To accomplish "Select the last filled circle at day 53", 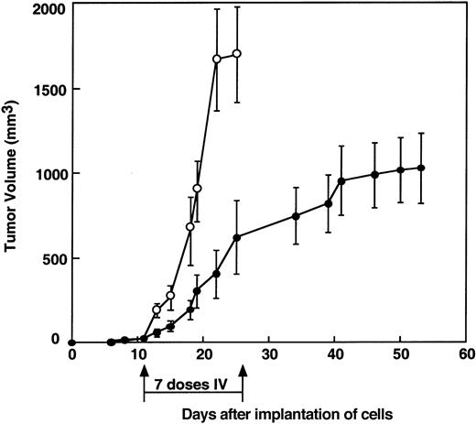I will (421, 168).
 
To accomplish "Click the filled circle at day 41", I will (341, 181).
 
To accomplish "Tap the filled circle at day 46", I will (374, 174).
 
